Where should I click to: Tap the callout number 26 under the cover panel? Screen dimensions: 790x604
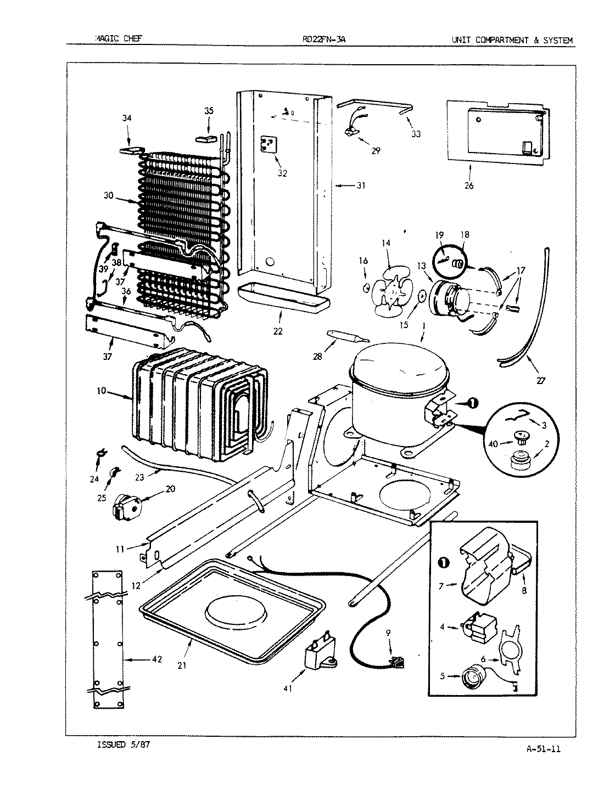coord(468,185)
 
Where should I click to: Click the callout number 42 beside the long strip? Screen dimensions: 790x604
coord(156,659)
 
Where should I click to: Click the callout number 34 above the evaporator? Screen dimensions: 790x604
coord(127,118)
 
